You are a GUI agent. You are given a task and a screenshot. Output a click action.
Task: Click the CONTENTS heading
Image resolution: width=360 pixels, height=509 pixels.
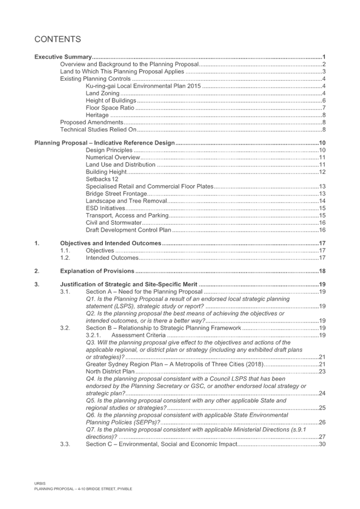tap(58, 40)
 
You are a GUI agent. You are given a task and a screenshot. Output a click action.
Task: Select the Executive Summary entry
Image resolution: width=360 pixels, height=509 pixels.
tap(63, 57)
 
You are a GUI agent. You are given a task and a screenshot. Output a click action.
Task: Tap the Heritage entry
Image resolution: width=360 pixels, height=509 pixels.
tap(97, 115)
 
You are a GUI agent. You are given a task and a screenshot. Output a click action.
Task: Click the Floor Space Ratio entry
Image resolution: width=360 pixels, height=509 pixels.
tap(110, 108)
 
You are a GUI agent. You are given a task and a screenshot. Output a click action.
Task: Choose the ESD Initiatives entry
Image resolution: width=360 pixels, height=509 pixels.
tap(105, 208)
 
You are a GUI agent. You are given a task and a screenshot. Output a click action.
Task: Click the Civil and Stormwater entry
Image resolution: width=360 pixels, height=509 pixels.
tap(114, 223)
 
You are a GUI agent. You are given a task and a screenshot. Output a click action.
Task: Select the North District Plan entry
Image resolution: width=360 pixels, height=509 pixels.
tap(110, 371)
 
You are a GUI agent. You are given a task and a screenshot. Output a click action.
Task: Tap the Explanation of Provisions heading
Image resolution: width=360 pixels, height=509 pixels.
tap(97, 271)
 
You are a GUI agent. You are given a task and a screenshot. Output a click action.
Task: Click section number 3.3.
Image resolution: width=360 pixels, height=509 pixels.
tap(65, 444)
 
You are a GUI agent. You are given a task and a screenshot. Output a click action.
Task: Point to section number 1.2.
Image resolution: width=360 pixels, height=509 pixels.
tap(65, 258)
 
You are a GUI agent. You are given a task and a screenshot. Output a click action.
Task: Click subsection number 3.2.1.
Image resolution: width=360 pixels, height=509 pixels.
tap(93, 335)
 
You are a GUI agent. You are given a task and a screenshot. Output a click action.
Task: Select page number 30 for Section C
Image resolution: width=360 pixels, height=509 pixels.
tap(322, 444)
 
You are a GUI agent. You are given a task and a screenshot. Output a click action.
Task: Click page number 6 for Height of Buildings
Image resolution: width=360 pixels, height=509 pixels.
tap(324, 101)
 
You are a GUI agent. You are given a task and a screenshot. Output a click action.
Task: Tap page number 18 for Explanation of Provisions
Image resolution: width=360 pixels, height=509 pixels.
tap(322, 271)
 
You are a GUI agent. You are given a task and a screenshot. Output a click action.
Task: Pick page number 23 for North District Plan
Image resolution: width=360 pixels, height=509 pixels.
tap(322, 371)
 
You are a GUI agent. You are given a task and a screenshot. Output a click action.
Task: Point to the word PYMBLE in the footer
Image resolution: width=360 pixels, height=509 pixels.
tap(125, 489)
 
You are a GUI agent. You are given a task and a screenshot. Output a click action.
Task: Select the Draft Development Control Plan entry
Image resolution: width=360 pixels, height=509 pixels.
tap(128, 230)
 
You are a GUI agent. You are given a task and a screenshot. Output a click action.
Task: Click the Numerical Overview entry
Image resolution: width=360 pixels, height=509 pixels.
tap(112, 158)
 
